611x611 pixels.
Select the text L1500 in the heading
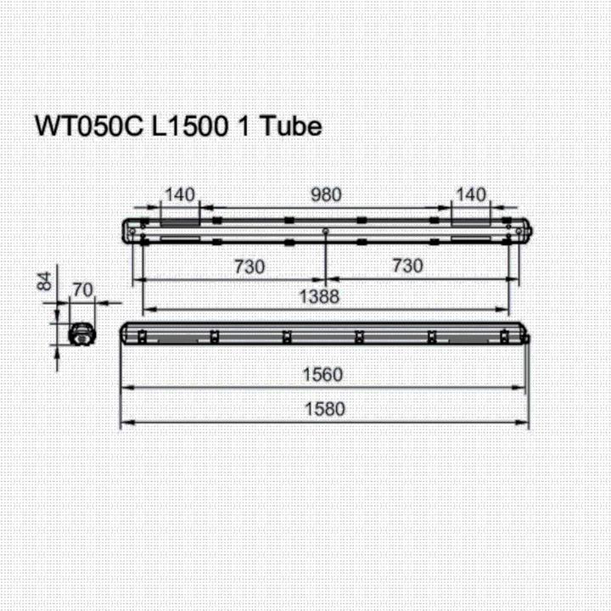tap(188, 126)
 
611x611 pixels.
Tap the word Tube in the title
tap(291, 126)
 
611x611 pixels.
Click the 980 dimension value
tap(325, 194)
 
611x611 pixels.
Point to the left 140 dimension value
tap(179, 194)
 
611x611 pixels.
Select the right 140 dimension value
tap(471, 194)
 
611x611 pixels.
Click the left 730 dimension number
tap(248, 266)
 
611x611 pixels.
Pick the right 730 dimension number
tap(407, 266)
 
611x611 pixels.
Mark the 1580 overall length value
tap(325, 409)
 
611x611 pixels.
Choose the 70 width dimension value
tap(82, 289)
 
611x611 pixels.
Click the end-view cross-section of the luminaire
tap(82, 334)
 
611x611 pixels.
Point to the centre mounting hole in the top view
tap(327, 231)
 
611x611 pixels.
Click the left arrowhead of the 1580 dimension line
tap(124, 423)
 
